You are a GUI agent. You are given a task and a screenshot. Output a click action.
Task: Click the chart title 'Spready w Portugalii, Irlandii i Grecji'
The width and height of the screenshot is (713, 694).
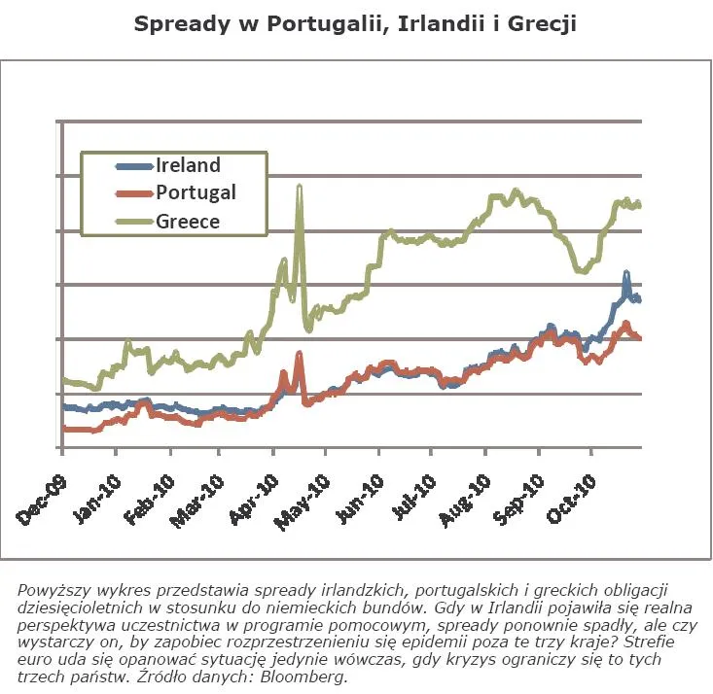[356, 23]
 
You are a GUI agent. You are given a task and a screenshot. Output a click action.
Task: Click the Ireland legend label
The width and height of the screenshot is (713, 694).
[188, 165]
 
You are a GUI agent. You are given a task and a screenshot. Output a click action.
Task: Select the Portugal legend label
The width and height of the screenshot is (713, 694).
[196, 192]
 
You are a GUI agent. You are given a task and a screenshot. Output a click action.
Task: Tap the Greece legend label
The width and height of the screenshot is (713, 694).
[188, 221]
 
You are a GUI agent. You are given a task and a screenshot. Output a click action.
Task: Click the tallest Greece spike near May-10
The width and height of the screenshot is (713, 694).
[299, 186]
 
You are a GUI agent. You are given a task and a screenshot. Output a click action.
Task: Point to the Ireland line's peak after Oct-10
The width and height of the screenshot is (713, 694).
[626, 274]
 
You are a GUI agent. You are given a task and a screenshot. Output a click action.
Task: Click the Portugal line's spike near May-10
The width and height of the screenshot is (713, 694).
[299, 354]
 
